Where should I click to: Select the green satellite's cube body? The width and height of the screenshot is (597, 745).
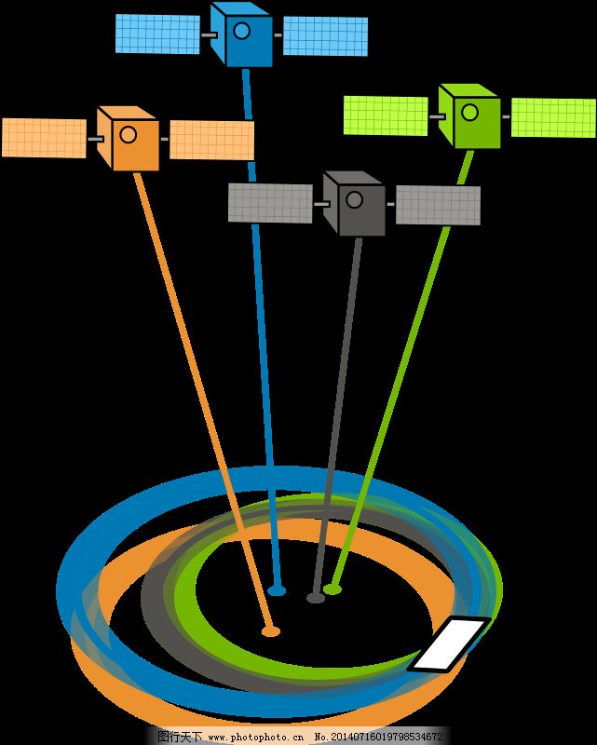[x=469, y=117]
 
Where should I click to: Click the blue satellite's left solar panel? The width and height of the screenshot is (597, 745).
[x=157, y=34]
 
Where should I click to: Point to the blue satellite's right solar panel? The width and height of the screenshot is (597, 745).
[x=325, y=36]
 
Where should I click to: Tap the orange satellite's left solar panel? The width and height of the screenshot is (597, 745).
[x=44, y=137]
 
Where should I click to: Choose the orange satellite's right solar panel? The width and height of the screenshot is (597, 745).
[x=211, y=140]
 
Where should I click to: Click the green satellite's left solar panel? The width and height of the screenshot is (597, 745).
[x=386, y=115]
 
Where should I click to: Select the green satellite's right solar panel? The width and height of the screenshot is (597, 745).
[x=553, y=117]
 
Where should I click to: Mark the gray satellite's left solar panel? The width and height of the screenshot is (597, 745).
[x=270, y=203]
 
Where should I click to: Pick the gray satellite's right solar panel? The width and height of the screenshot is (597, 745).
[x=438, y=206]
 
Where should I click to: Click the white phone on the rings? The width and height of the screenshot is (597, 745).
[x=449, y=643]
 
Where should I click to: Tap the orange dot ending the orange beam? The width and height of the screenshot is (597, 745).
[x=270, y=631]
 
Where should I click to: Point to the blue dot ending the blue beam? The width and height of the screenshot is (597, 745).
[x=277, y=590]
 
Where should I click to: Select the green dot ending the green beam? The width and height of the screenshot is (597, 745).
[x=332, y=589]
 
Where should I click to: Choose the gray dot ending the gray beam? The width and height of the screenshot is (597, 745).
[x=316, y=597]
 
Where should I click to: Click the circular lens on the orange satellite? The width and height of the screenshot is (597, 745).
[x=129, y=134]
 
